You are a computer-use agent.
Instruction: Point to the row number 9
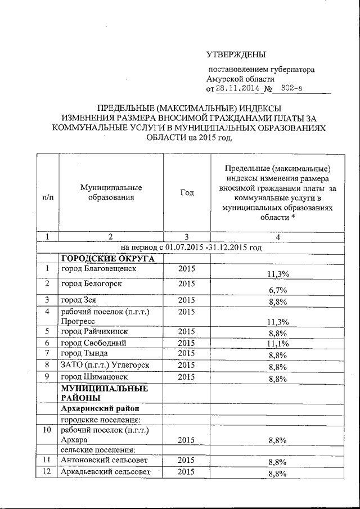[48, 376]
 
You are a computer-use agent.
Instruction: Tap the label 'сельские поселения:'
[95, 449]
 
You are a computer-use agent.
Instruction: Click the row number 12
[48, 472]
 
